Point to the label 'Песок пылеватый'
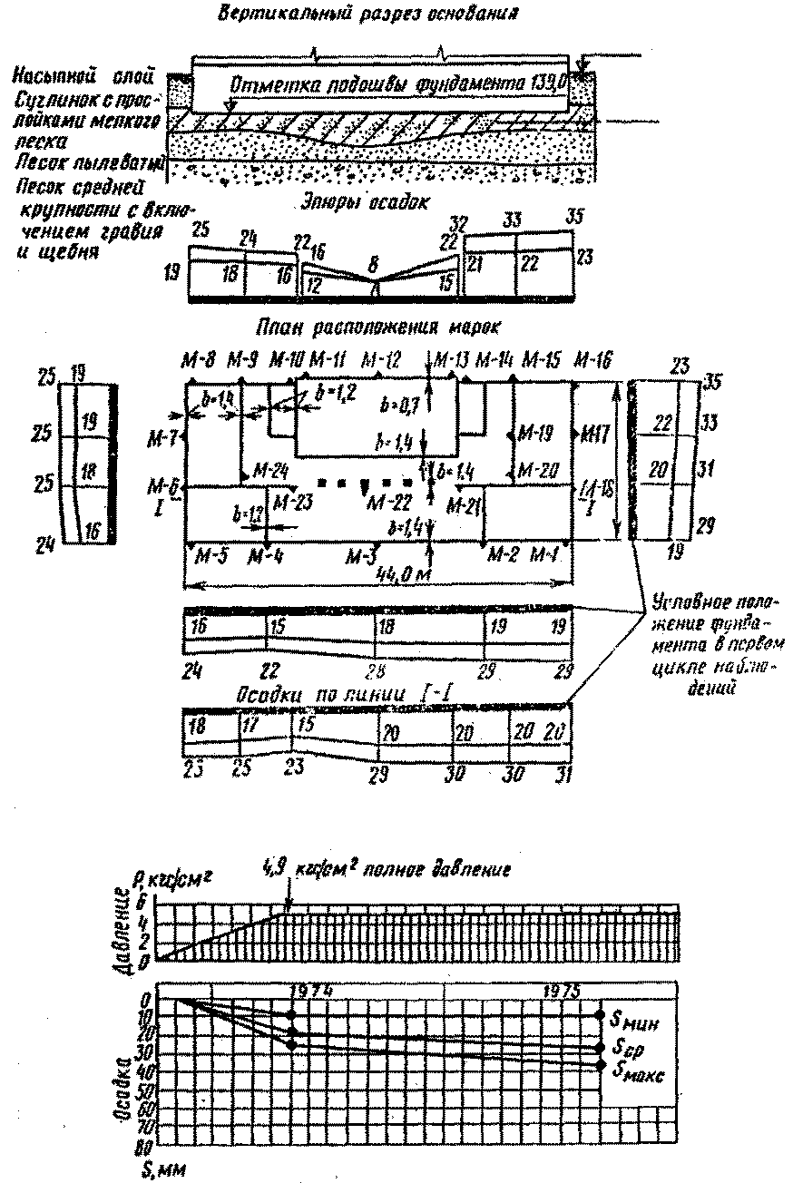(x=85, y=163)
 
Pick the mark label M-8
(x=198, y=360)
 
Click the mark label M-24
(x=271, y=470)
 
